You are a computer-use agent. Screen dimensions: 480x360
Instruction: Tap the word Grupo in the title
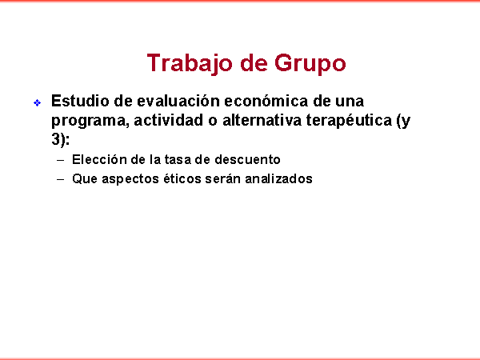pyautogui.click(x=310, y=63)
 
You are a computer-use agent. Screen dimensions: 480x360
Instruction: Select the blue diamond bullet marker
pyautogui.click(x=37, y=103)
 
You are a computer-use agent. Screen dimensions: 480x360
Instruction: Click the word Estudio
pyautogui.click(x=80, y=101)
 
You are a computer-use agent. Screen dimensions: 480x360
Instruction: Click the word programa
pyautogui.click(x=88, y=121)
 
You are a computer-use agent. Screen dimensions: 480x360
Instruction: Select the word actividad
pyautogui.click(x=169, y=120)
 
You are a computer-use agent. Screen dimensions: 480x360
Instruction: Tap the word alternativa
pyautogui.click(x=262, y=120)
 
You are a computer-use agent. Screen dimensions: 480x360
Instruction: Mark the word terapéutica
pyautogui.click(x=349, y=121)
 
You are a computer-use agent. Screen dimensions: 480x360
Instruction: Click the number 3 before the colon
pyautogui.click(x=55, y=139)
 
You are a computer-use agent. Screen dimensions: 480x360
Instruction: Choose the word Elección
pyautogui.click(x=99, y=159)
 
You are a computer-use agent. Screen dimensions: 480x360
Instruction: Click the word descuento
pyautogui.click(x=247, y=160)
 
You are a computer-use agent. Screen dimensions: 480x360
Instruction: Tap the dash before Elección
pyautogui.click(x=61, y=160)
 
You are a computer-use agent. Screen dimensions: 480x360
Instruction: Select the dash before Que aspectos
pyautogui.click(x=61, y=179)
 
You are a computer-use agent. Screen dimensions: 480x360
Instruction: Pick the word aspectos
pyautogui.click(x=130, y=179)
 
